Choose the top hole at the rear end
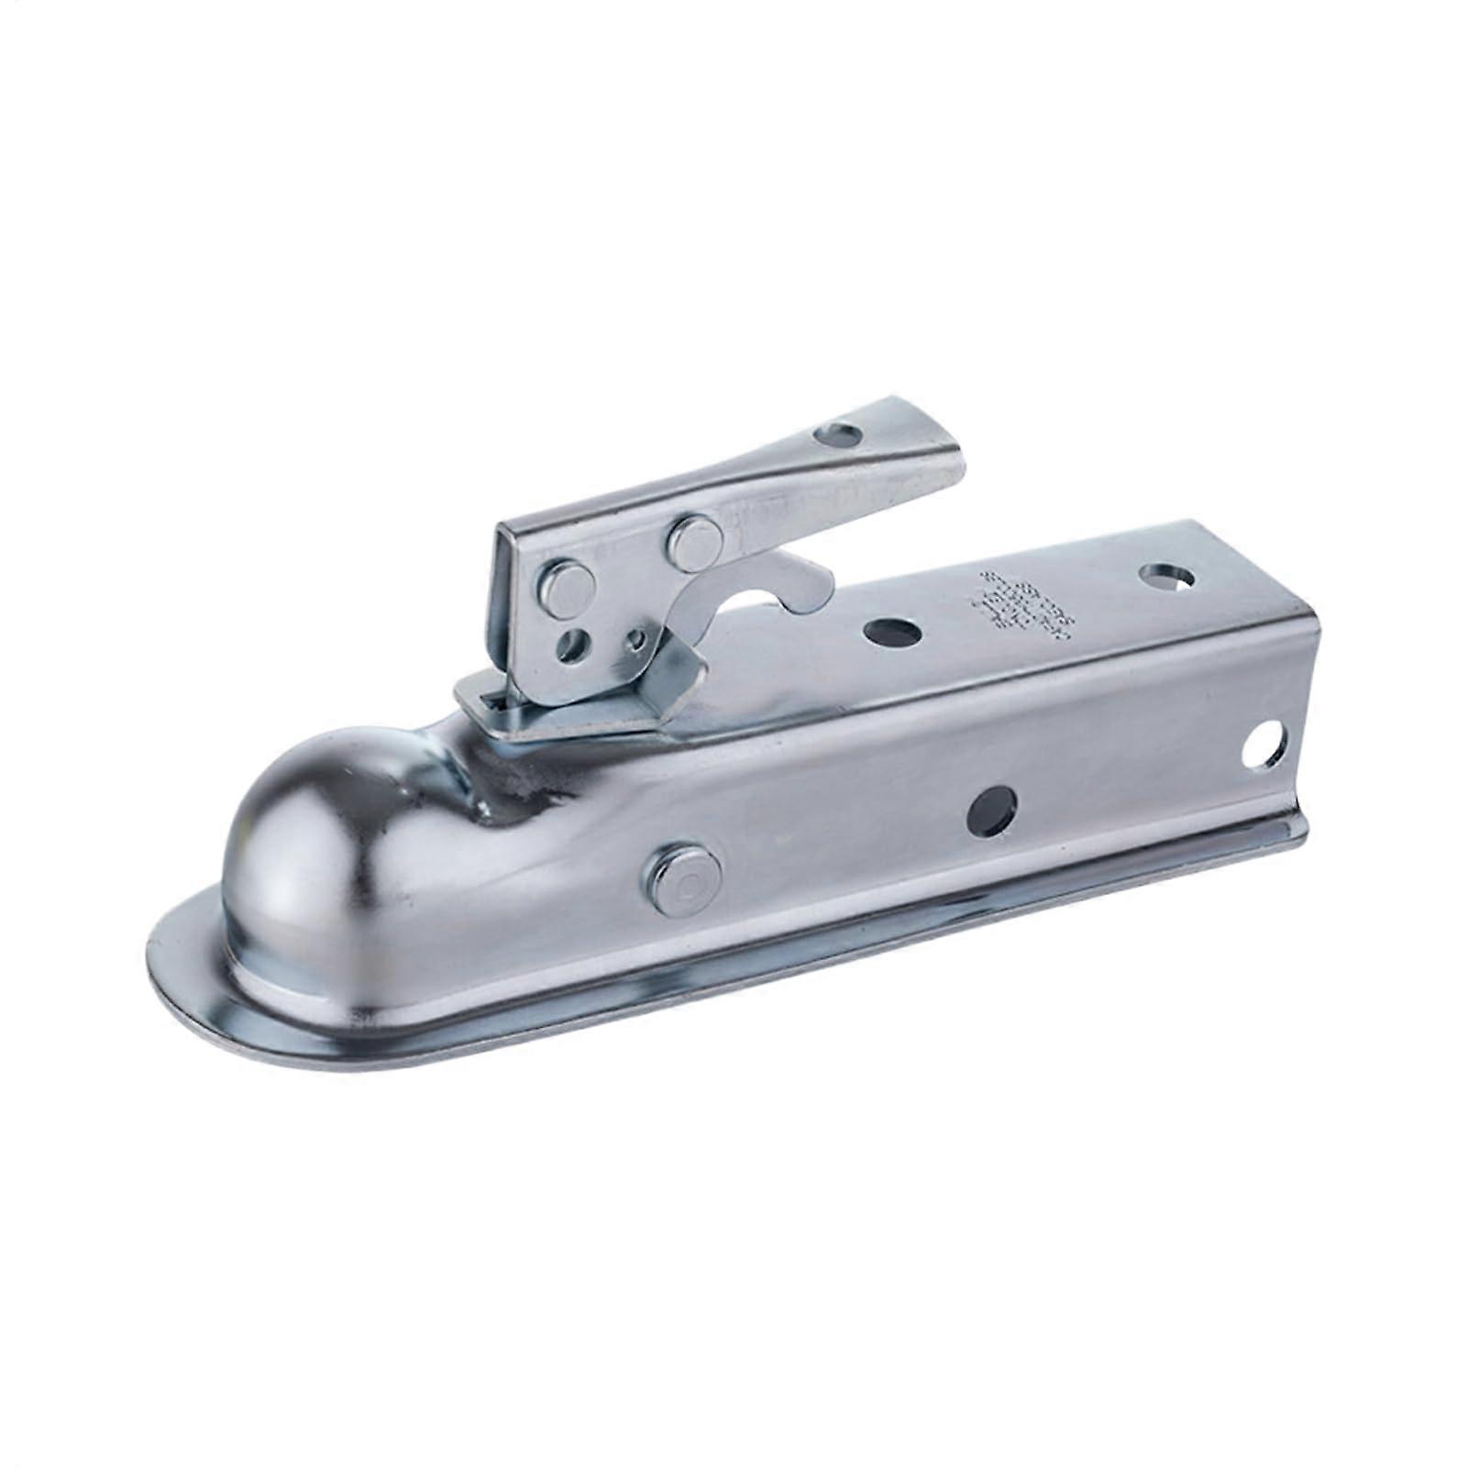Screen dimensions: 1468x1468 pos(1166,578)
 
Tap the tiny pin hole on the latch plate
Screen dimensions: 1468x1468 pos(635,639)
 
